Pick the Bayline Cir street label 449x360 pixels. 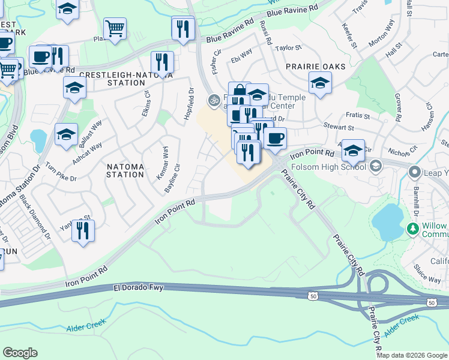172,178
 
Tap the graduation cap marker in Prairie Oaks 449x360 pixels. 320,83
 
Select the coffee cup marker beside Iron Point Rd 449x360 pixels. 275,138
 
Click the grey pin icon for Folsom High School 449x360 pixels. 376,166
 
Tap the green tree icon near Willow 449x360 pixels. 412,229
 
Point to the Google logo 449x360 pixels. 20,353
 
